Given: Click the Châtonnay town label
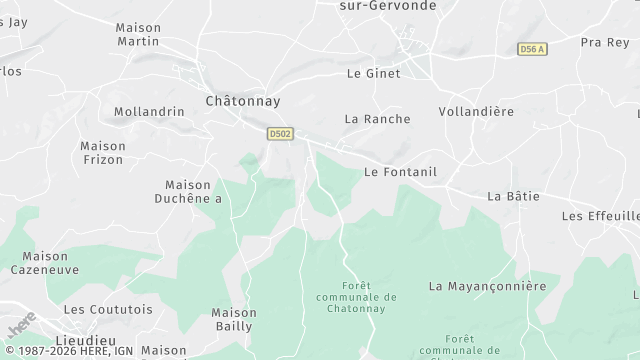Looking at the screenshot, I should (x=242, y=101).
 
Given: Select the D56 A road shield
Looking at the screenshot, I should (x=531, y=48).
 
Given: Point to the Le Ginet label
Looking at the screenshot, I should (x=373, y=73).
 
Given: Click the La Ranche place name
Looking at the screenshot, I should (x=377, y=119).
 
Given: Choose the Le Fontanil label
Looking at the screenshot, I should (x=400, y=172).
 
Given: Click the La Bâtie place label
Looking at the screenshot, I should (x=513, y=196).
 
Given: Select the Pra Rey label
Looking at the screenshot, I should (x=604, y=43).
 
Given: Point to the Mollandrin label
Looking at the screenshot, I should (x=149, y=112).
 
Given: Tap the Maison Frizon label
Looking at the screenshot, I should (x=102, y=152).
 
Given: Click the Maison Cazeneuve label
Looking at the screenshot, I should (x=45, y=263).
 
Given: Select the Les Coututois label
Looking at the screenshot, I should (x=108, y=310).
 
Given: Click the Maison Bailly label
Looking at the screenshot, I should (x=234, y=319).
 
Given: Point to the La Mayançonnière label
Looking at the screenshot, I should (x=487, y=286).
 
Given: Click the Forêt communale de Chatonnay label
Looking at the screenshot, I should (x=355, y=297).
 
